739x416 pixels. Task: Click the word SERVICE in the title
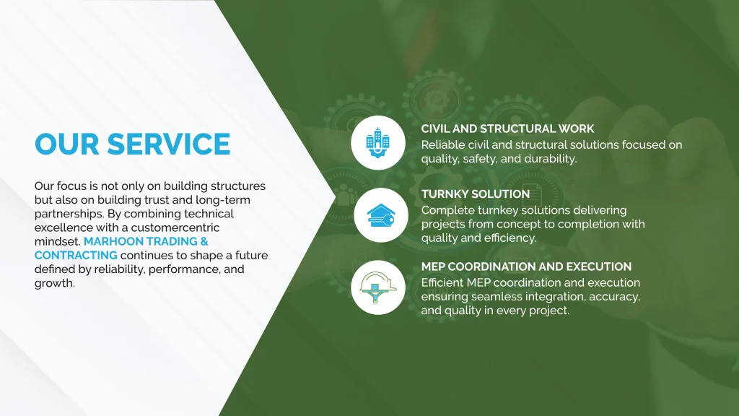(x=169, y=144)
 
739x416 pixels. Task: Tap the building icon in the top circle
(x=378, y=142)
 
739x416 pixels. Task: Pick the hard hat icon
(x=378, y=287)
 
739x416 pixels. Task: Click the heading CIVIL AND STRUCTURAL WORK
(x=507, y=129)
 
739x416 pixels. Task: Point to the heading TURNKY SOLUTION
(x=476, y=194)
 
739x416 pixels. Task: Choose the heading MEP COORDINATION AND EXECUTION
(x=526, y=266)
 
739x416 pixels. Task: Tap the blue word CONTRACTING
(x=76, y=255)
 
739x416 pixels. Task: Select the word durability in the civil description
(x=551, y=159)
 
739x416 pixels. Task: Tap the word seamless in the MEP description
(x=497, y=297)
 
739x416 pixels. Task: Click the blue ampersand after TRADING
(x=204, y=241)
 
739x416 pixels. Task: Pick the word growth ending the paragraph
(x=55, y=283)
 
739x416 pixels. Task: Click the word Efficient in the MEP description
(x=442, y=282)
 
